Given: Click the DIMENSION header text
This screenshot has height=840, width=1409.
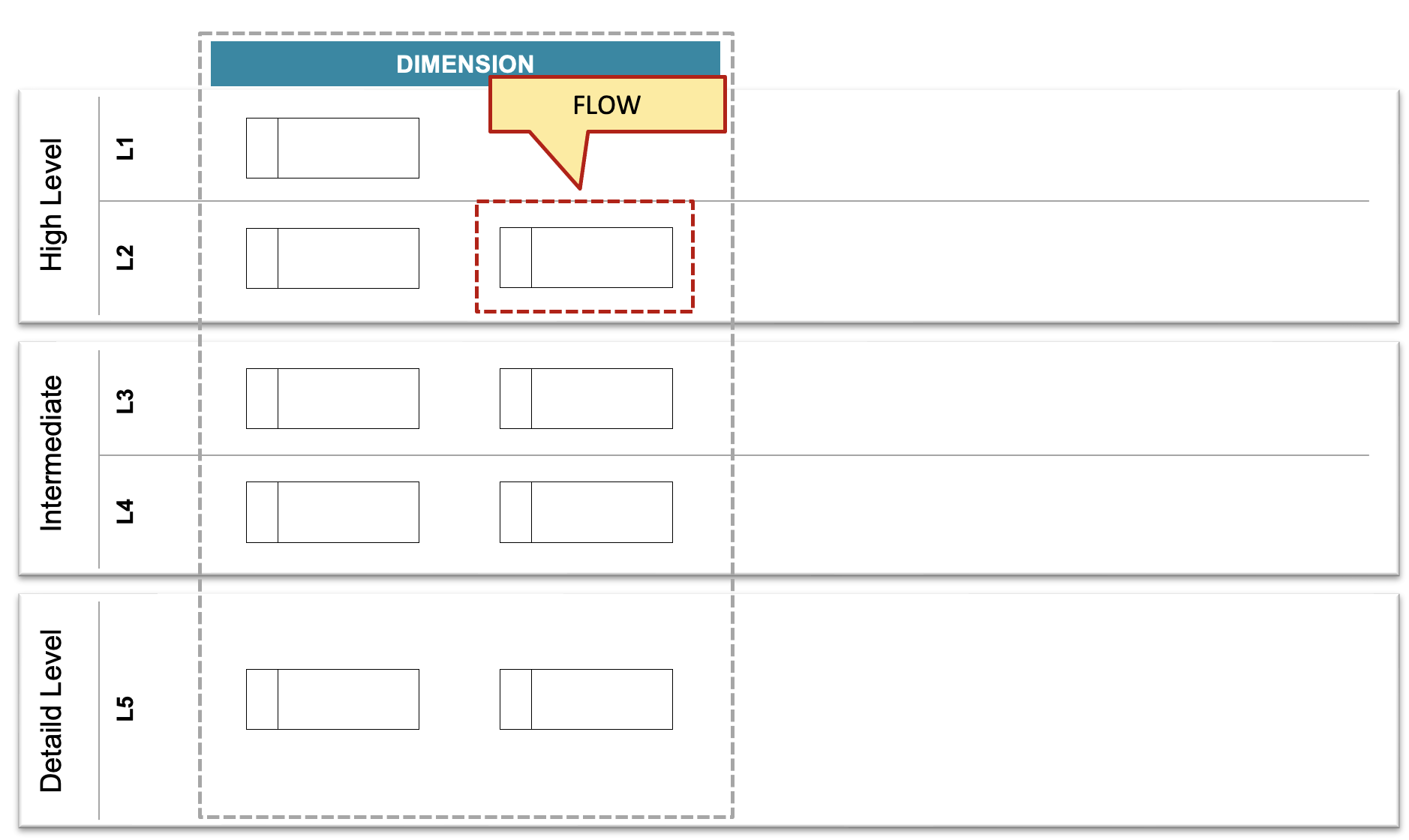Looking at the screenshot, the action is pos(465,64).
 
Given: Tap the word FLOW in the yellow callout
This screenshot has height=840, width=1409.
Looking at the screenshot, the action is pos(607,105).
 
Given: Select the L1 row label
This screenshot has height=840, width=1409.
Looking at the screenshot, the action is pos(125,148).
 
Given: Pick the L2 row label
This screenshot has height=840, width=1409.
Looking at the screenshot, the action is pos(125,257).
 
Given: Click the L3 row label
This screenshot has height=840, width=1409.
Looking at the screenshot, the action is pos(125,401).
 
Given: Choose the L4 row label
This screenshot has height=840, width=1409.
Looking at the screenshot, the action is pos(125,511).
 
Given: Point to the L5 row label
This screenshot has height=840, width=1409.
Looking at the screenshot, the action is pos(125,708).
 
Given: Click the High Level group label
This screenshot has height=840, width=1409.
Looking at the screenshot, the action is pos(52,205).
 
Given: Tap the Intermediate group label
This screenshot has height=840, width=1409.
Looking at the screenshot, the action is pos(52,454).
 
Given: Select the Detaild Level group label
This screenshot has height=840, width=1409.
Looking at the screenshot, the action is pos(52,711).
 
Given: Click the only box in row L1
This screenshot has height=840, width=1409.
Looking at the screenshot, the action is pos(332,148).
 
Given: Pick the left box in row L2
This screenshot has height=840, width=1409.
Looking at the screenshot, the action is pos(332,258).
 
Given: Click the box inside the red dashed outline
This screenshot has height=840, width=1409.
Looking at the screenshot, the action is pos(586,257).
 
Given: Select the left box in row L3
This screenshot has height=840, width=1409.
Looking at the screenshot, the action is pos(332,398).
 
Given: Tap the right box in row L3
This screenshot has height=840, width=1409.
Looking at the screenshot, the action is pos(586,398).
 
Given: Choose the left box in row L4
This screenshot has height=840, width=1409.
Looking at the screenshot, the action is pos(332,512).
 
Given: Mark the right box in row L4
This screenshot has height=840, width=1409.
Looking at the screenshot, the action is pos(586,512).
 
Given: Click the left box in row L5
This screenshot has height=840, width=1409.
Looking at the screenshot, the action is pos(332,699).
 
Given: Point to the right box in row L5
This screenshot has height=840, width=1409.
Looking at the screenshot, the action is pos(586,699).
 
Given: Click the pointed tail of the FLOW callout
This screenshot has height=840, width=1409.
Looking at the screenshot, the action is pos(580,188).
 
